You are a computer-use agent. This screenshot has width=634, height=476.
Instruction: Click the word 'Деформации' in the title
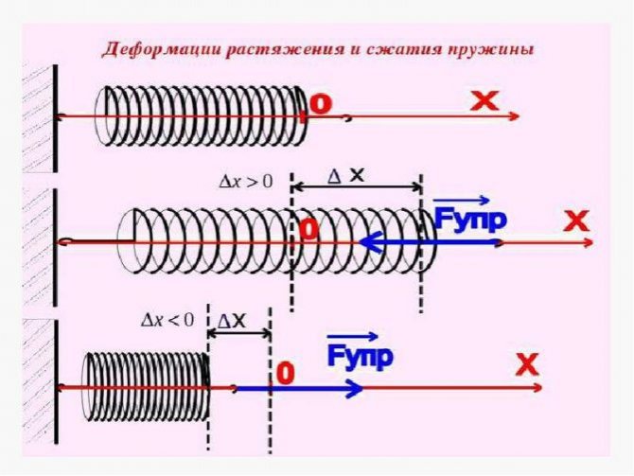(x=151, y=49)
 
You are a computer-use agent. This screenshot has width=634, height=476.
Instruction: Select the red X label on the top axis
(x=484, y=101)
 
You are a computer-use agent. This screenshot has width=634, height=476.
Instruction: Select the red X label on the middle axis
(x=576, y=222)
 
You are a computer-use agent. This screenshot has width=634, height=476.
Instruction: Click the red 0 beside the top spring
(x=321, y=105)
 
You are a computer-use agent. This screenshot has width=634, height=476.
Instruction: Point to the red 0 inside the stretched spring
(x=308, y=230)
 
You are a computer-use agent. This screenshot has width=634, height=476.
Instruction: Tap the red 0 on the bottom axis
(x=283, y=373)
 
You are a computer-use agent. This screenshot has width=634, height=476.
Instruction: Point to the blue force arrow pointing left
(x=426, y=243)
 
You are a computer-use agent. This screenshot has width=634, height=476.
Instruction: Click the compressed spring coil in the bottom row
(x=146, y=387)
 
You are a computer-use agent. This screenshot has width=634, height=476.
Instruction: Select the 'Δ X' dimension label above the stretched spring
(x=345, y=176)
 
